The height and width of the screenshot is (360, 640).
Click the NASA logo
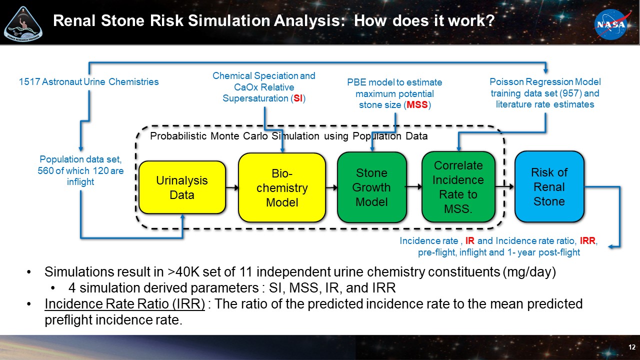[x=610, y=24]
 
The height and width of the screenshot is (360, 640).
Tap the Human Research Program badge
[x=23, y=23]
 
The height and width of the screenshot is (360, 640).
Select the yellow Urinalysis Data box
[x=182, y=187]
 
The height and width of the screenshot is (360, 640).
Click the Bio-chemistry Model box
[x=282, y=187]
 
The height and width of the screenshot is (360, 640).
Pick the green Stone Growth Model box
[x=371, y=187]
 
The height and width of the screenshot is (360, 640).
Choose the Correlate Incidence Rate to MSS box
[x=458, y=187]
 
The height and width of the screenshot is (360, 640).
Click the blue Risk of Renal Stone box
[x=549, y=186]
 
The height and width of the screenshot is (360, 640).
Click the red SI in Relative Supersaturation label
[x=297, y=98]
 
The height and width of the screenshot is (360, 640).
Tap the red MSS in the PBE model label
[x=417, y=105]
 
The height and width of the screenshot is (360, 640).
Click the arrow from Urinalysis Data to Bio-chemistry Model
[x=231, y=188]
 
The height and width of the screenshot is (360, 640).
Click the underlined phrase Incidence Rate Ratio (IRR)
[x=124, y=303]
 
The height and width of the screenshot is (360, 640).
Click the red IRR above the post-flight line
[x=588, y=241]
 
